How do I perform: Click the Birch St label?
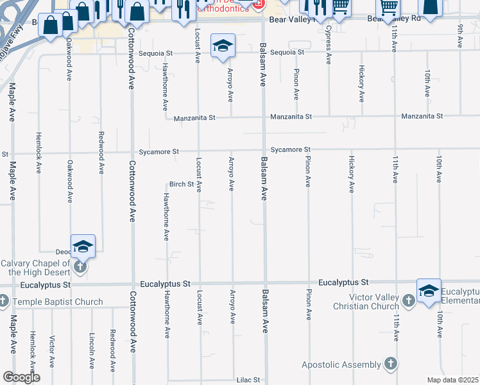coord(182,184)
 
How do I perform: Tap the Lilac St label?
coord(248,380)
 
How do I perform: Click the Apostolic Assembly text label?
coord(341,365)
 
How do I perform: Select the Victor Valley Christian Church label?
coord(366,302)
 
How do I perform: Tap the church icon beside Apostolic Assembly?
coord(390,364)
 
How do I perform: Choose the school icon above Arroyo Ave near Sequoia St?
coord(223,46)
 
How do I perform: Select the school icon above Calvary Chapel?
coord(83,246)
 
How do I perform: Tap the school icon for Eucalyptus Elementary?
coord(429,291)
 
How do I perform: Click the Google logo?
coord(21,377)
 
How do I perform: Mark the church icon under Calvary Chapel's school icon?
coord(80,266)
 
